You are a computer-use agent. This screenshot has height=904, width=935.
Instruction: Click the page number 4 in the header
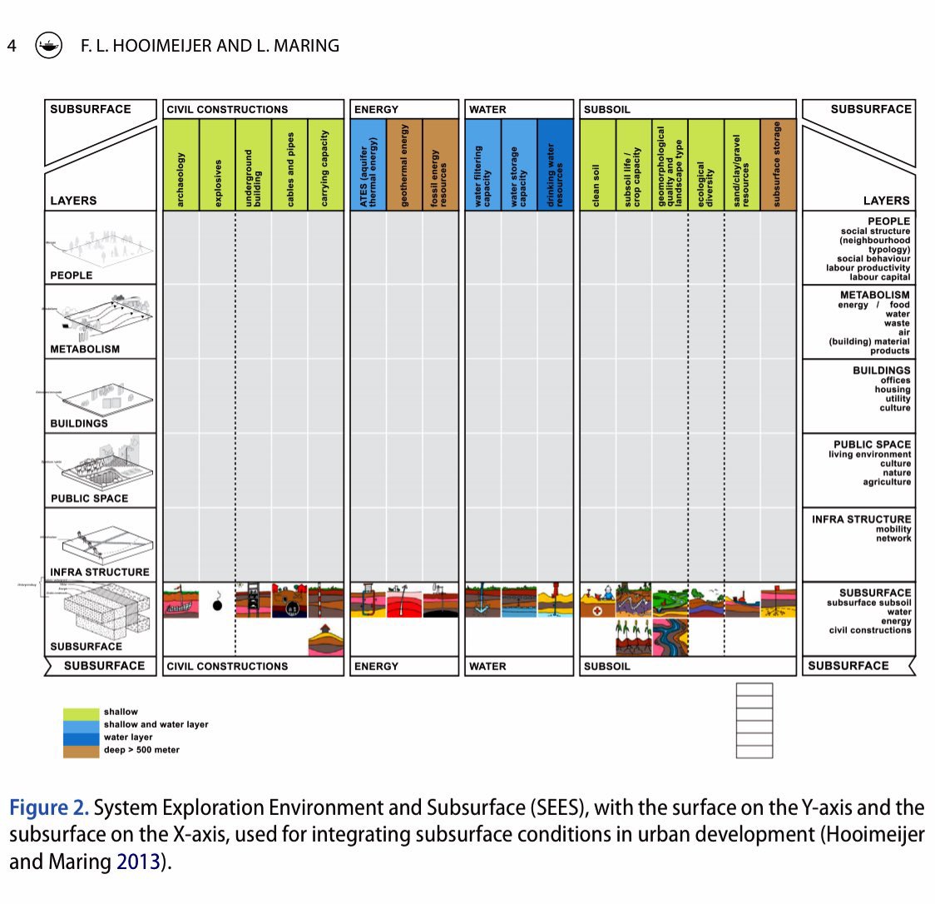[12, 46]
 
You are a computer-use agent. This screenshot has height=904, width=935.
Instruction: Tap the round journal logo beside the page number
[48, 46]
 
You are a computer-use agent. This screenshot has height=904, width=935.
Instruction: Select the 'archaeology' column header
[181, 165]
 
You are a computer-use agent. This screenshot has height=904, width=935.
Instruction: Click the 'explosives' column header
[217, 165]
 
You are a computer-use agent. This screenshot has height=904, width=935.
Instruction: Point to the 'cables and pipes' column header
[289, 165]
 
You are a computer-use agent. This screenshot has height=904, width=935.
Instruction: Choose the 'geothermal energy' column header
[404, 165]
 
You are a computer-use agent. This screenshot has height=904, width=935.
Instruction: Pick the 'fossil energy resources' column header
[440, 165]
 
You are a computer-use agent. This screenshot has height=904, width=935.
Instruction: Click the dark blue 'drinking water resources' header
[556, 165]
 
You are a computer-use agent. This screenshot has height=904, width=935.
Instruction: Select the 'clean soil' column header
[597, 165]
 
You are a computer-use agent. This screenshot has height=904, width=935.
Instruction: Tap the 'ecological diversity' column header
[705, 165]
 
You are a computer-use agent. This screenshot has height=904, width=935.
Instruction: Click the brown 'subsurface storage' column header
[778, 165]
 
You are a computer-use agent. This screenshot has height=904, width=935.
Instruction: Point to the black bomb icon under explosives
[217, 605]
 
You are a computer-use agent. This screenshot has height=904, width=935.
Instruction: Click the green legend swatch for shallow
[81, 713]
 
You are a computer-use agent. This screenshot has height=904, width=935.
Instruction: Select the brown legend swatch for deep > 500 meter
[81, 751]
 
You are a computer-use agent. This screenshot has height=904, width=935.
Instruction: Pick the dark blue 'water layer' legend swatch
[81, 738]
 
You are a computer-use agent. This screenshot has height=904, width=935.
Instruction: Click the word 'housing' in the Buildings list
[892, 390]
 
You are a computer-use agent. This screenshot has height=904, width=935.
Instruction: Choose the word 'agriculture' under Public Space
[886, 482]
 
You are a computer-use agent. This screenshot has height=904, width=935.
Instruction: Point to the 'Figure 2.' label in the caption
[48, 808]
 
